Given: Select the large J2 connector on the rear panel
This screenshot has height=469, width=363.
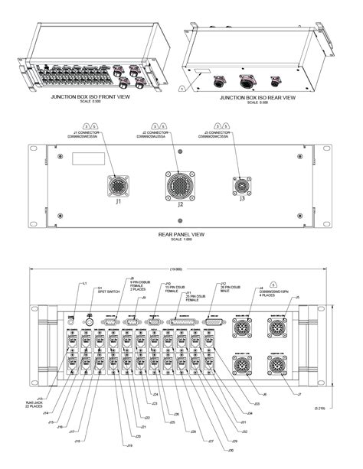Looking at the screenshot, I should (x=178, y=186).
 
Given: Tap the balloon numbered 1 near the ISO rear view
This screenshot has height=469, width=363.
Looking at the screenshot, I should (x=181, y=90).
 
